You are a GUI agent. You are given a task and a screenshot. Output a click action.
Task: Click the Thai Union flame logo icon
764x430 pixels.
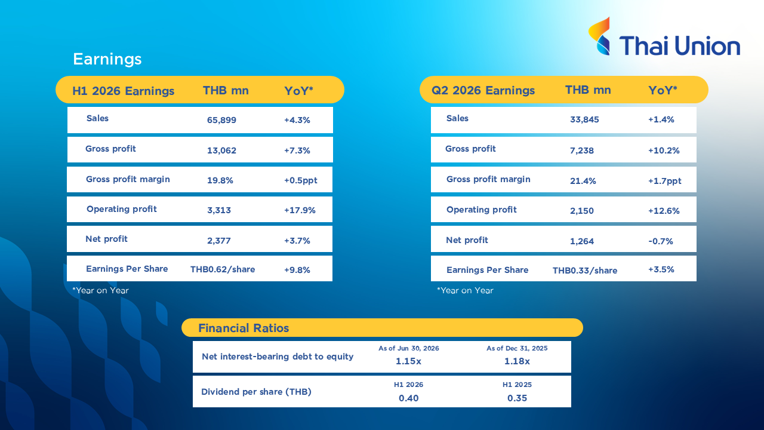coord(600,36)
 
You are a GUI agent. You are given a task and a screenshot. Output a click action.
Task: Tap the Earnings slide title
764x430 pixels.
coord(107,59)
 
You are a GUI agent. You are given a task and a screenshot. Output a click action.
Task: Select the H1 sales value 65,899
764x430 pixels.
coord(221,120)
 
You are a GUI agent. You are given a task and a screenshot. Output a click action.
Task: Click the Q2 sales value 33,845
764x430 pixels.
coord(584,119)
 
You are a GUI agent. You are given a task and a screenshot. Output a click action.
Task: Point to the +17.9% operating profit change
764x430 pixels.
coord(300,210)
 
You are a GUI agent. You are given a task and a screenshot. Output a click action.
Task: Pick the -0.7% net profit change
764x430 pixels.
coord(660,241)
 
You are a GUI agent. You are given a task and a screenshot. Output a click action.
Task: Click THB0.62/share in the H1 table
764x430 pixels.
coord(223,269)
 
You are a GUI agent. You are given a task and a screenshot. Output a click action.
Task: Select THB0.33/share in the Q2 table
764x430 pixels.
coord(584,271)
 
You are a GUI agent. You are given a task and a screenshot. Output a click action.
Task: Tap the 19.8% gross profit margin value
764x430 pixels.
coord(220,180)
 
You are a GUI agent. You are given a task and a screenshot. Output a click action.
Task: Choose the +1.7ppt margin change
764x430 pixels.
coord(664,181)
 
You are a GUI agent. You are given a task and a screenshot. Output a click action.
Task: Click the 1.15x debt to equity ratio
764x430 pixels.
coord(408,361)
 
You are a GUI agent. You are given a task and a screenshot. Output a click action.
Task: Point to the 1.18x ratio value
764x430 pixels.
coord(517,361)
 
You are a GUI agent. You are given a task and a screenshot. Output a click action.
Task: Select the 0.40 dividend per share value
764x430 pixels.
coord(408,398)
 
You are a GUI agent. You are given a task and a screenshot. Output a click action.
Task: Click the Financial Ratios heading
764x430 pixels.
coord(244,328)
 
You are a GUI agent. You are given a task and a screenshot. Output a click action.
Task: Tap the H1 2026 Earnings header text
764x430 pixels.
coord(123,91)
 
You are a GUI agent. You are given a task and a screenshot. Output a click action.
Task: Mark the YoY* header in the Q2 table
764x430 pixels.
coord(663,90)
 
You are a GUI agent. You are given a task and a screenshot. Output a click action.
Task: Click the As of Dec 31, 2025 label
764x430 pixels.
coord(517,348)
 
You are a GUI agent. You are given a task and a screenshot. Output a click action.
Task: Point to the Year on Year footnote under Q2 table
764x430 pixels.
coord(465,290)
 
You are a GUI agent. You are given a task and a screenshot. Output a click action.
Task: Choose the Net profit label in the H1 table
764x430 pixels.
coord(106,239)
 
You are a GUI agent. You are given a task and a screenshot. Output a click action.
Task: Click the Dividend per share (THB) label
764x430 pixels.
coord(256,392)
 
